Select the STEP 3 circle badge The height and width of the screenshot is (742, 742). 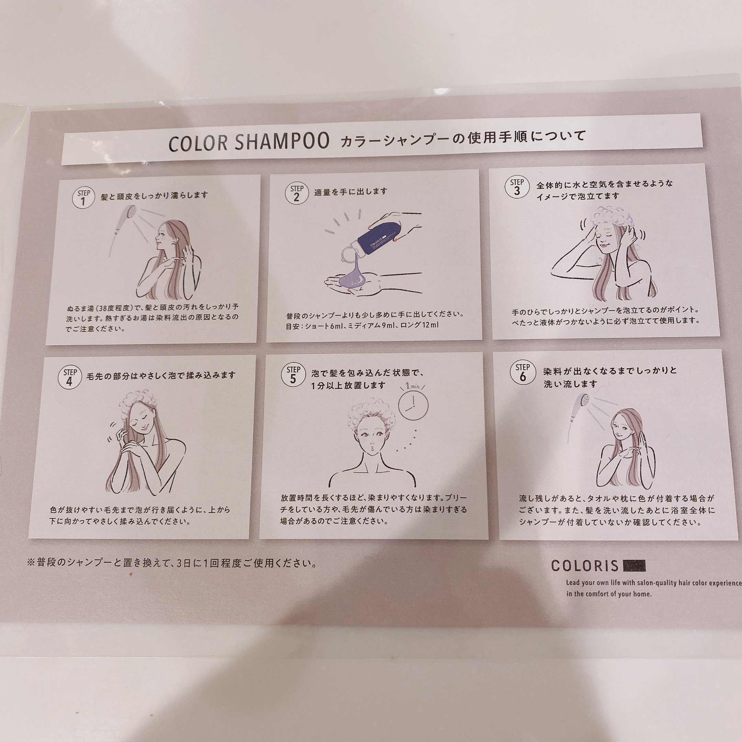(x=517, y=187)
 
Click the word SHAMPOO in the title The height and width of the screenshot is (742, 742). (x=282, y=141)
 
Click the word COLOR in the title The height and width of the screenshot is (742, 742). (x=198, y=143)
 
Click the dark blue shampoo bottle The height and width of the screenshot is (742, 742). (x=379, y=235)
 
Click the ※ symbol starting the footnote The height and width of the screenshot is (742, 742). (x=32, y=563)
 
